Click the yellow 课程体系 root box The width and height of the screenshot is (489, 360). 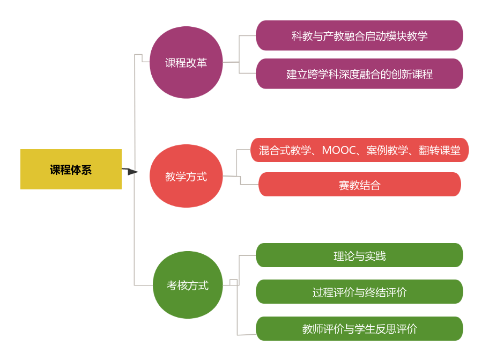71,170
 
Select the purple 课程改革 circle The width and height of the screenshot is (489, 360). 186,63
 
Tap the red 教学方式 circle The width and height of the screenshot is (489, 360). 186,176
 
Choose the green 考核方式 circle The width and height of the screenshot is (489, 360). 188,285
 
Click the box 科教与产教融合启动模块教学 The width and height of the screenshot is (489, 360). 359,36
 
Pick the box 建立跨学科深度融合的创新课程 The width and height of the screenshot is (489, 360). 359,74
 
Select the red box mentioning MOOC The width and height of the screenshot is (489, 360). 359,150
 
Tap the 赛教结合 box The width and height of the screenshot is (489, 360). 359,185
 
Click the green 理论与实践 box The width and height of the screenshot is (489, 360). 359,255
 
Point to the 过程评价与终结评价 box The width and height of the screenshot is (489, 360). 359,292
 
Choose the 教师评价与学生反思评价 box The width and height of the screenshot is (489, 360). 359,328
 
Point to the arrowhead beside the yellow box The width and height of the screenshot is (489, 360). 132,172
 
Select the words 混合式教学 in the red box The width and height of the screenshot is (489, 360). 284,150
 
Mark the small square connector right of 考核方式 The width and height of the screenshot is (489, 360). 233,282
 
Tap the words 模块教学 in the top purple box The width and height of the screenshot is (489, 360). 407,36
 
